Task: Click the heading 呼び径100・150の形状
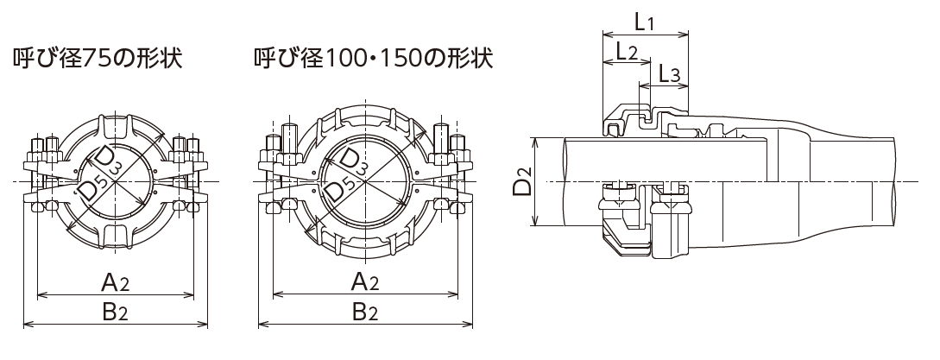pos(373,60)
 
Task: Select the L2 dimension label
pos(627,52)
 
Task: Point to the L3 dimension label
pos(669,75)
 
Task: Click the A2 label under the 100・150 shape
pos(363,282)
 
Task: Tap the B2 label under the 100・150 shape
pos(363,312)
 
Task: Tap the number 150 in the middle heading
pos(402,60)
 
